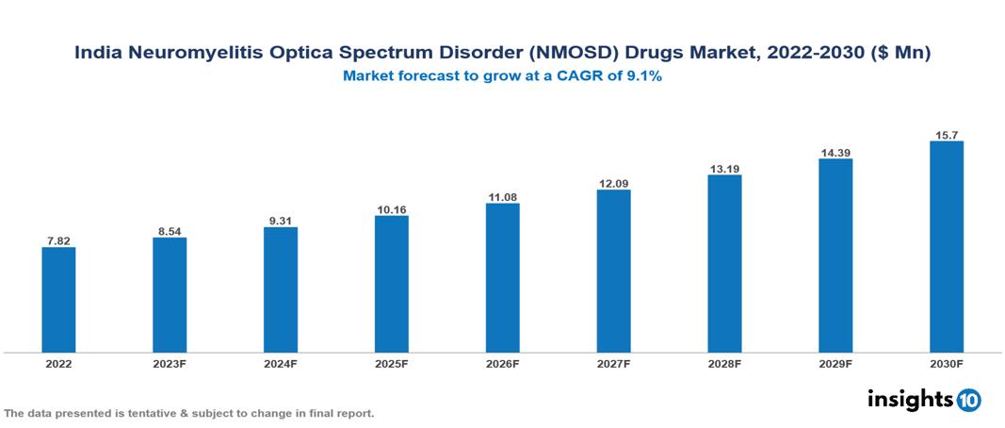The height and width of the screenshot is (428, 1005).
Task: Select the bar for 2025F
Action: click(391, 284)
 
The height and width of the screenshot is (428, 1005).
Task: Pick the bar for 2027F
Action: click(613, 272)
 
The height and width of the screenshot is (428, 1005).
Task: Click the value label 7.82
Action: click(58, 240)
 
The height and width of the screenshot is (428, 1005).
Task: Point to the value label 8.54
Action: click(170, 230)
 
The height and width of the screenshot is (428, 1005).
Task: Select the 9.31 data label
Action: click(281, 221)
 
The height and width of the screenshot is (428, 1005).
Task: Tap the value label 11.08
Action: click(502, 197)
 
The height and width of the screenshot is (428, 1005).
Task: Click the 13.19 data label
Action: click(724, 169)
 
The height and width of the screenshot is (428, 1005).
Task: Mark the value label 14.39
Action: click(835, 152)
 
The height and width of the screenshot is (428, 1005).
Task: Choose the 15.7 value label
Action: click(946, 135)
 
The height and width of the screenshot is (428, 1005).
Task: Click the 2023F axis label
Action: click(170, 364)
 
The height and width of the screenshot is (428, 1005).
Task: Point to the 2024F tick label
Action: click(281, 364)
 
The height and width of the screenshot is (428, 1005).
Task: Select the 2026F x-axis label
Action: click(502, 364)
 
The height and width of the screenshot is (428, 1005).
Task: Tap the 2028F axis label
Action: click(724, 364)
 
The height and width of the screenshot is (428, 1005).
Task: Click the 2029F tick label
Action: click(835, 364)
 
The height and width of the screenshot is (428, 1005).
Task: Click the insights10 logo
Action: click(924, 400)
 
